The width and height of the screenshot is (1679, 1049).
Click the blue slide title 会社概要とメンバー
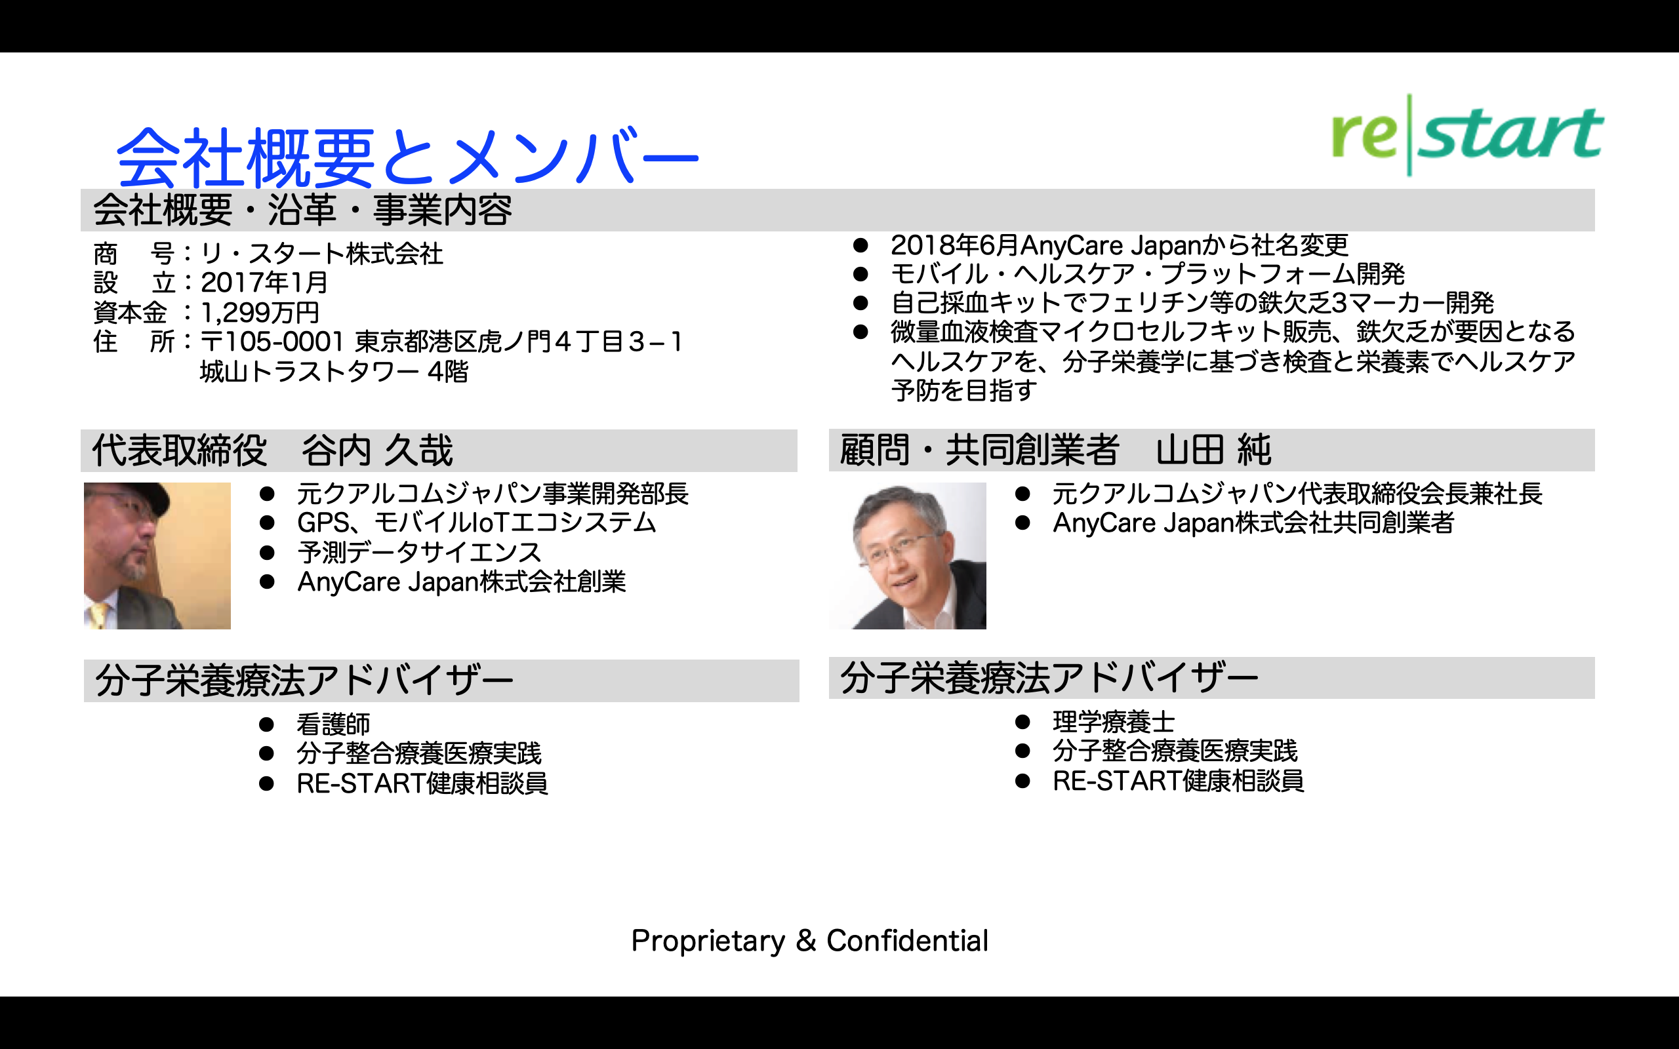(x=408, y=157)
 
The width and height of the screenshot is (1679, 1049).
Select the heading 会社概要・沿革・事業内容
(x=302, y=210)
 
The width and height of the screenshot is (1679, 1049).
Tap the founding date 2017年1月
(x=264, y=283)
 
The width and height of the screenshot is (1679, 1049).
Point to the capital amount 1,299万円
(x=260, y=312)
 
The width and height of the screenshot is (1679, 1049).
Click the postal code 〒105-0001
(x=272, y=342)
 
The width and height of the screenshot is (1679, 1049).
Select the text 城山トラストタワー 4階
(x=334, y=372)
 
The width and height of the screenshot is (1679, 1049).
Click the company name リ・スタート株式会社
(x=322, y=253)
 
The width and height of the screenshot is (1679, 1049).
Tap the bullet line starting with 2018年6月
(x=1119, y=245)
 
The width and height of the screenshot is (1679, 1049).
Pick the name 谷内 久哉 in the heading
(x=376, y=450)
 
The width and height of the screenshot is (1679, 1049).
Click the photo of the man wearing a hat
(x=157, y=556)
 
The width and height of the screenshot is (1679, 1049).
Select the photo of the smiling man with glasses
(x=908, y=556)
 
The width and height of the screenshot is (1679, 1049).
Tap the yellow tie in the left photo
(x=99, y=616)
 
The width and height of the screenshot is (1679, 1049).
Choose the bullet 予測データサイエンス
(x=419, y=552)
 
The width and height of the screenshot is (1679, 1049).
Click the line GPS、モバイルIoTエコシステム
(x=477, y=523)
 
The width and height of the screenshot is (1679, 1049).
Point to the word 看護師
(x=334, y=724)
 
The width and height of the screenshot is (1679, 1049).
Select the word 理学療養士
(x=1114, y=722)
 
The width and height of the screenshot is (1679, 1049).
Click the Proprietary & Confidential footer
(x=810, y=941)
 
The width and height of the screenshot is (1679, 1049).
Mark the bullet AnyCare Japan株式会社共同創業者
(x=1253, y=523)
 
